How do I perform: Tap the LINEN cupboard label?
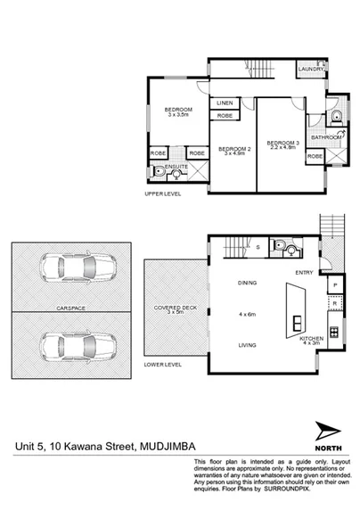[225, 103]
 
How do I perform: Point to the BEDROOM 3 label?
[282, 143]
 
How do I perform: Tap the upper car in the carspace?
[78, 266]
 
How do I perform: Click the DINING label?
[247, 283]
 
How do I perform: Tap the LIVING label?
[247, 345]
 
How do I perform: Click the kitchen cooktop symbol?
[333, 333]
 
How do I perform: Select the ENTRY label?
[304, 274]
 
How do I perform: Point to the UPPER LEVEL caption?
[162, 193]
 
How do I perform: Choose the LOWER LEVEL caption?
[162, 365]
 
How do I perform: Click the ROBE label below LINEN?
[225, 117]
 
